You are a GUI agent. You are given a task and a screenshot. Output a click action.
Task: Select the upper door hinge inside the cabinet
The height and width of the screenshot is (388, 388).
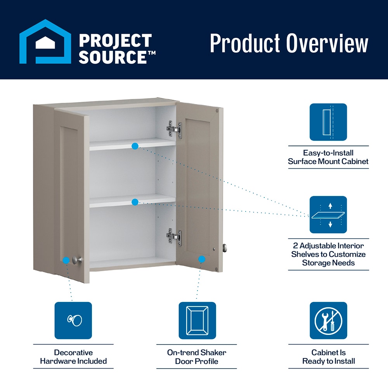[x=175, y=129]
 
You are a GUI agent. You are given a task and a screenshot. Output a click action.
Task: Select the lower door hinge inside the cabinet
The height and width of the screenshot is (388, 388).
[x=174, y=236]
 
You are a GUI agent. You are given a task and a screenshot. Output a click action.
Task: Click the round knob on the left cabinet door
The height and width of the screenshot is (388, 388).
[x=78, y=260]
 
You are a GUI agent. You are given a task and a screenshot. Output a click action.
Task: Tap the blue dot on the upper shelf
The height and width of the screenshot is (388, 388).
[x=135, y=146]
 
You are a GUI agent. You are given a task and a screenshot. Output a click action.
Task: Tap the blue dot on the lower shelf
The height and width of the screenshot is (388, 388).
[x=135, y=202]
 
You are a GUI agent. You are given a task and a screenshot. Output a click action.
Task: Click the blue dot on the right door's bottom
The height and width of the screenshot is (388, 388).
[x=201, y=259]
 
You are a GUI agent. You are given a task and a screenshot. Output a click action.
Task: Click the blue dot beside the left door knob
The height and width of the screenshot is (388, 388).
[x=66, y=260]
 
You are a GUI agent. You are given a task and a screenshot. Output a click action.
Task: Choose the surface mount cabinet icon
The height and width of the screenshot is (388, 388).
[x=328, y=122]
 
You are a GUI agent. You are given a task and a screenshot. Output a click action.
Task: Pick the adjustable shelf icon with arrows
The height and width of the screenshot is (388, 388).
[x=328, y=215]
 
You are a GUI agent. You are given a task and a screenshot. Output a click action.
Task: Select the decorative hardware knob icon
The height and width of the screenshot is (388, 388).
[x=73, y=320]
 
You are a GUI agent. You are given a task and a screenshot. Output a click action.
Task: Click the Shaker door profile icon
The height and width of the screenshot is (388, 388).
[x=197, y=320]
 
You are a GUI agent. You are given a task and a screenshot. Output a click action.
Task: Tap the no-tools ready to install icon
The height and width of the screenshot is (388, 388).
[x=328, y=320]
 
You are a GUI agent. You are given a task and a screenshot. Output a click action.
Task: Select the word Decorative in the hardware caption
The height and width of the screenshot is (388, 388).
[x=73, y=353]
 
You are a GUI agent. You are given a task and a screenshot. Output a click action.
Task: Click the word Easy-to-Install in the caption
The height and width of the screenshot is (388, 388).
[x=328, y=153]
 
